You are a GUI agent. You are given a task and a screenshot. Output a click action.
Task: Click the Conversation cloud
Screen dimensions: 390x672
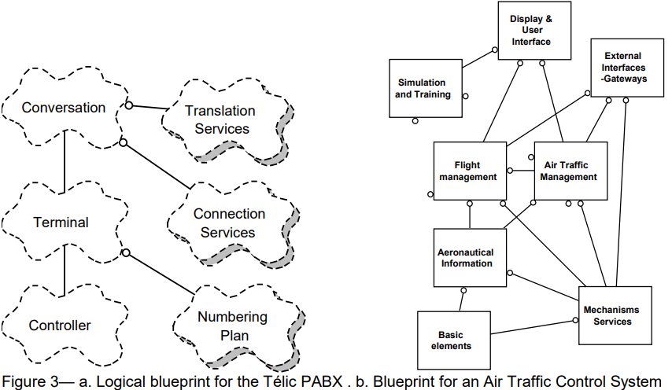[x=63, y=108]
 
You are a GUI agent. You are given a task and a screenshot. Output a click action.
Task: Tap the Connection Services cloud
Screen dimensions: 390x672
[x=229, y=223]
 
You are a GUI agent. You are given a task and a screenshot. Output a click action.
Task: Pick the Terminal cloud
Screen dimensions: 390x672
[x=61, y=223]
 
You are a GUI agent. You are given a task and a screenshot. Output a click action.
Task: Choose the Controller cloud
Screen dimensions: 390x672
[x=60, y=325]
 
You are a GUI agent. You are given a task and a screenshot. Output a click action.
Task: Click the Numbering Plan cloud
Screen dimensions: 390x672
[x=233, y=326]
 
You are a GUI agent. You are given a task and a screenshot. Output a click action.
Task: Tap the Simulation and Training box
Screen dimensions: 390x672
[x=423, y=88]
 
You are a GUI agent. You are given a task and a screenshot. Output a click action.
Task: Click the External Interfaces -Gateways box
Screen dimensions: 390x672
[x=622, y=68]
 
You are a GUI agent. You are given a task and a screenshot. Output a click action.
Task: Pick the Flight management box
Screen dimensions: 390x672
[x=468, y=171]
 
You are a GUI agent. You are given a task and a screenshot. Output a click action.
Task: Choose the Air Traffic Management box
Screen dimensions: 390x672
[x=570, y=171]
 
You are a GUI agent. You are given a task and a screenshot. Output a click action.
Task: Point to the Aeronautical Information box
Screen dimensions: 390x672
[x=466, y=258]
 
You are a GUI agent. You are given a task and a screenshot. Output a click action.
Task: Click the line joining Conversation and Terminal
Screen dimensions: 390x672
[x=64, y=164]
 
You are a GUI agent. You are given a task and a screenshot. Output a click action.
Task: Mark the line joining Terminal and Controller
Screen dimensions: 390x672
[x=64, y=274]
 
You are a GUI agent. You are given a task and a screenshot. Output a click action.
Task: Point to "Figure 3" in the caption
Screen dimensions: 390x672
[x=29, y=382]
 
